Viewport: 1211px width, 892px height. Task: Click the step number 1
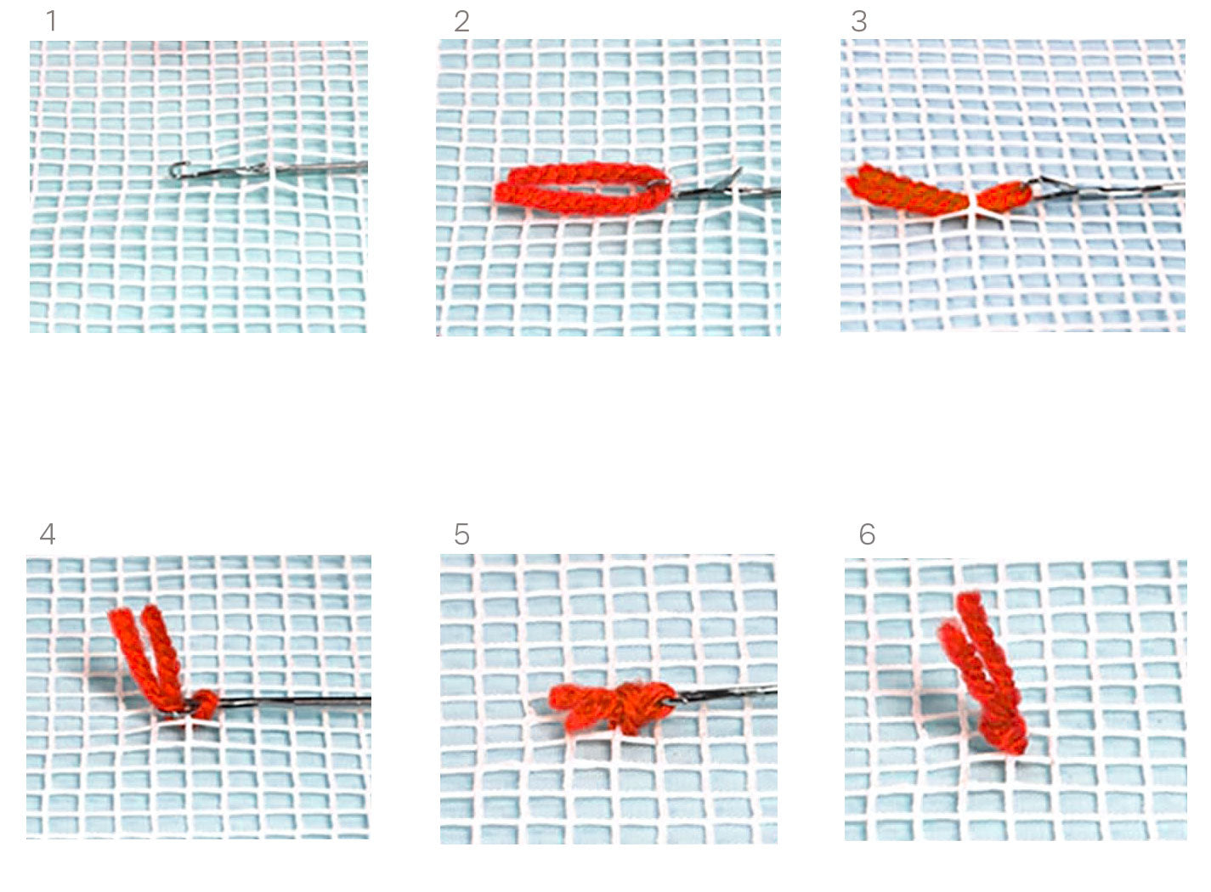(x=51, y=21)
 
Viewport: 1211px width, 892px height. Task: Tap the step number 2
(x=461, y=21)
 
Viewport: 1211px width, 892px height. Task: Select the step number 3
(x=859, y=21)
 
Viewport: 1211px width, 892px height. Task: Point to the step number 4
(x=48, y=534)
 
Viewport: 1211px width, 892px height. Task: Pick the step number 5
(x=461, y=534)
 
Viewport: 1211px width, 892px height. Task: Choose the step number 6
(x=867, y=534)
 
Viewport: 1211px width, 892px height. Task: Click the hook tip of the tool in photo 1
(x=175, y=170)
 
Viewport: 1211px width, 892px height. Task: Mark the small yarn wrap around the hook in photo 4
(x=206, y=703)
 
